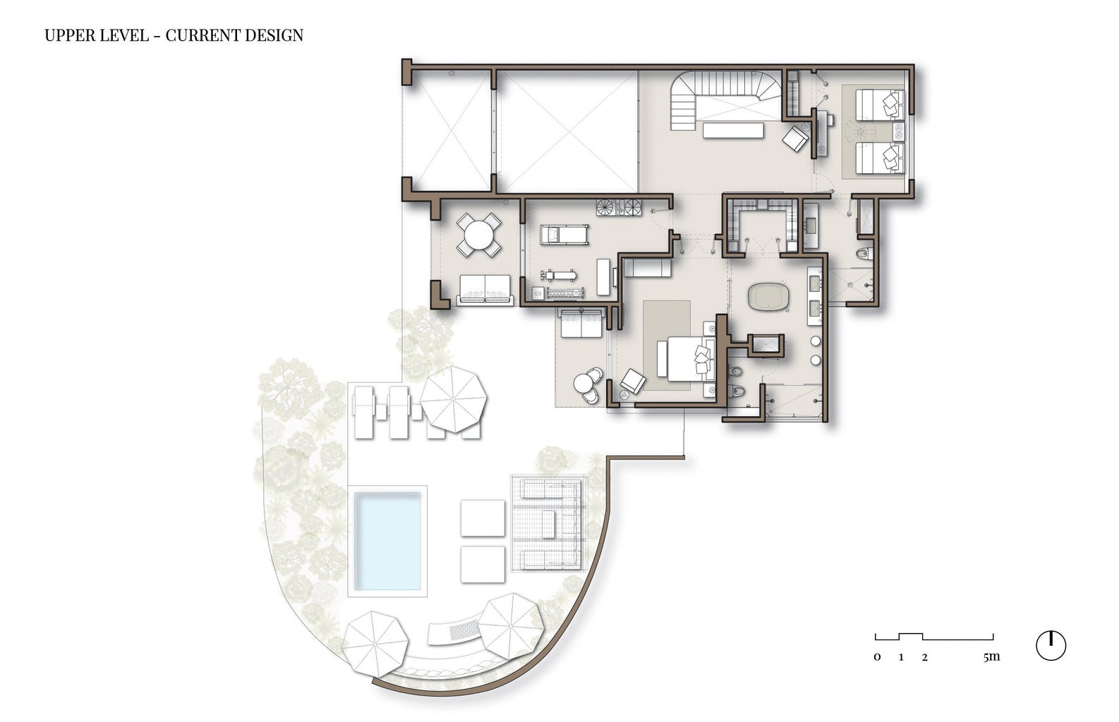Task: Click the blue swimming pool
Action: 387,541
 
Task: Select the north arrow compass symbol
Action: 1051,645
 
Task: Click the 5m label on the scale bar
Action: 991,656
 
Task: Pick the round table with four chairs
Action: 478,235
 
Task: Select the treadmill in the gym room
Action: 564,235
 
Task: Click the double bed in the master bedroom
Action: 687,358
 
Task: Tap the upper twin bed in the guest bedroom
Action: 880,104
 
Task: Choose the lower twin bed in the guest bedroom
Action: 880,158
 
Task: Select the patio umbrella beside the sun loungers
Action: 453,399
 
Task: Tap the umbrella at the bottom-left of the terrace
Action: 375,644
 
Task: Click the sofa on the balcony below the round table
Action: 485,289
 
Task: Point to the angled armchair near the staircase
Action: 795,138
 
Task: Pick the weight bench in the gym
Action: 559,274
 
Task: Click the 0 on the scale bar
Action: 877,657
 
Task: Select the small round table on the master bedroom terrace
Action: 583,384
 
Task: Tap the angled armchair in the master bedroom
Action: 633,381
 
